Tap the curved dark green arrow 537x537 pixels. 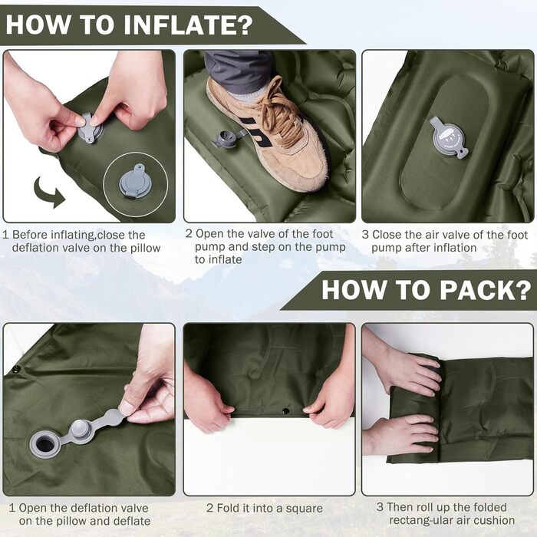(x=49, y=192)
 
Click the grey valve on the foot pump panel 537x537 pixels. (x=448, y=137)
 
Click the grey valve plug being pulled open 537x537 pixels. (x=80, y=428)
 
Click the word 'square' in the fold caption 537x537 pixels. (x=304, y=509)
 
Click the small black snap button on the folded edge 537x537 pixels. (x=285, y=411)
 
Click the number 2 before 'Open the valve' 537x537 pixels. (x=189, y=234)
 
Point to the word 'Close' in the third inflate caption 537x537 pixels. (x=387, y=235)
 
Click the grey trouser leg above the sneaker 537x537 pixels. (x=239, y=71)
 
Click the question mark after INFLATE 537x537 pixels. (x=245, y=25)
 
